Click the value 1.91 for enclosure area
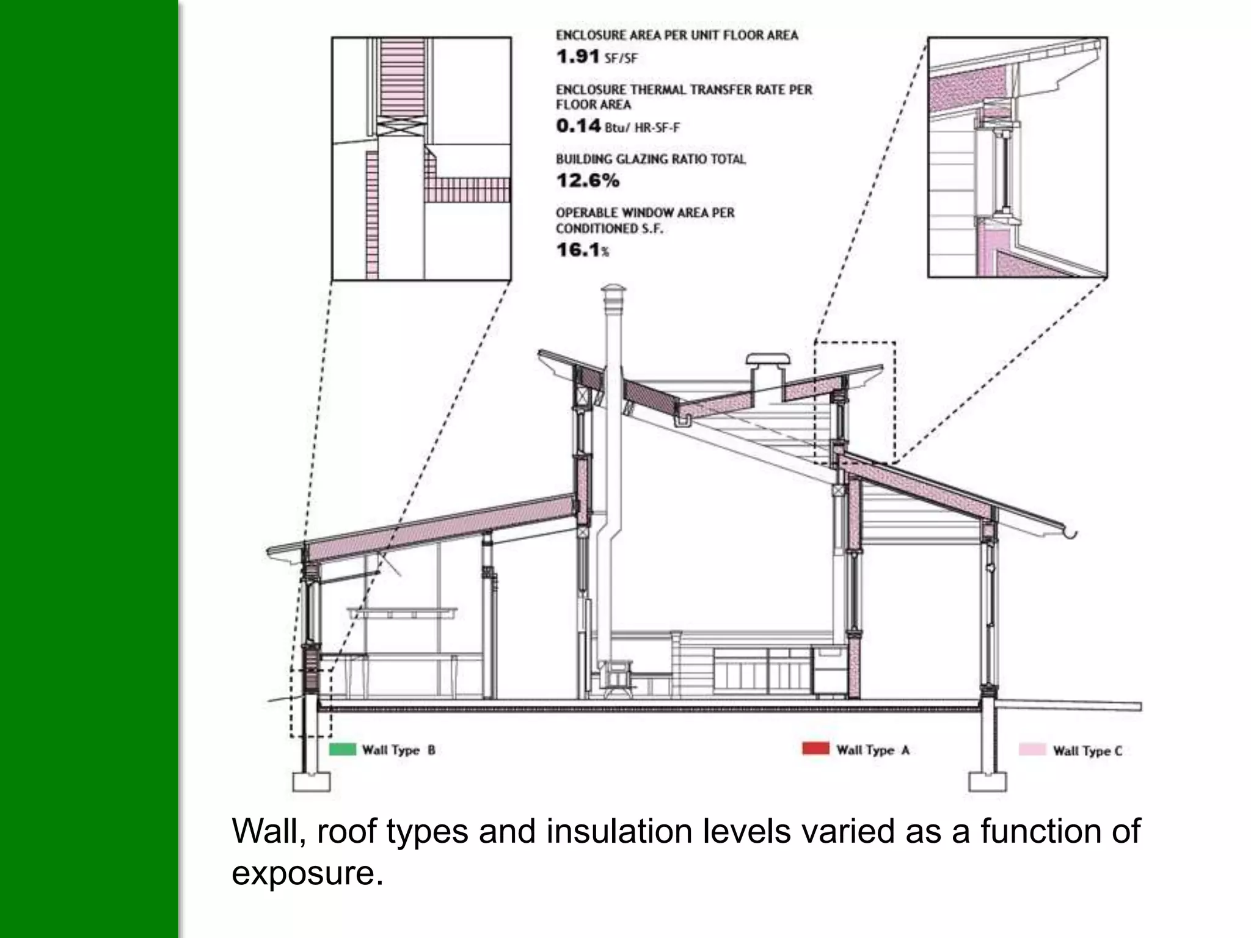[577, 57]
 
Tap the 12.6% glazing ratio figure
[588, 181]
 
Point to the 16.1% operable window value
[582, 250]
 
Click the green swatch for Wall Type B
[342, 749]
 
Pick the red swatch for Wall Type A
[815, 749]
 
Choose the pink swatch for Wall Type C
[1032, 750]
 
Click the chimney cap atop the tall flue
[614, 293]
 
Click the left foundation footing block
[311, 782]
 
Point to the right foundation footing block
[988, 782]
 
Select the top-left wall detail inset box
[421, 158]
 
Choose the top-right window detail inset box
[1017, 158]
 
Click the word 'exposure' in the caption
[303, 874]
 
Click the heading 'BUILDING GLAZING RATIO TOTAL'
[651, 159]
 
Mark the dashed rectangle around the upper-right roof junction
[855, 404]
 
